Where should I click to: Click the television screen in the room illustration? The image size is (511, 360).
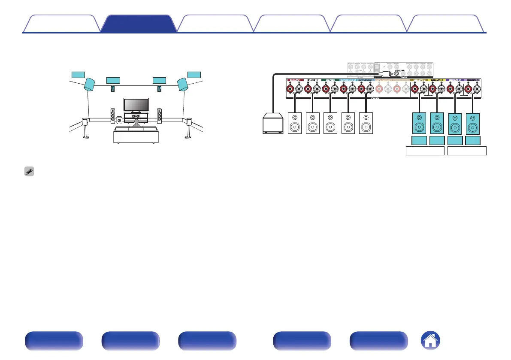click(x=136, y=104)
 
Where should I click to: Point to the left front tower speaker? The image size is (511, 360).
click(x=112, y=115)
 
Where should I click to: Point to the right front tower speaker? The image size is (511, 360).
click(x=160, y=115)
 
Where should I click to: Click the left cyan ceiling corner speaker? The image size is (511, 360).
click(x=90, y=84)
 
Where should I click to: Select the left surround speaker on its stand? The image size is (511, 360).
click(x=86, y=128)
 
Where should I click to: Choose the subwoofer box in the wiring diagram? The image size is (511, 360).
click(x=273, y=124)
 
